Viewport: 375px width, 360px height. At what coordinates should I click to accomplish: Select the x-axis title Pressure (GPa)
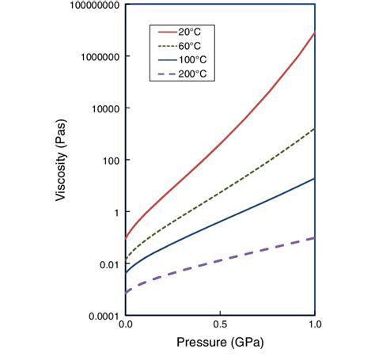point(220,345)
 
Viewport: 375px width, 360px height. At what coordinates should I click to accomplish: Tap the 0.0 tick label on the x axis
point(125,325)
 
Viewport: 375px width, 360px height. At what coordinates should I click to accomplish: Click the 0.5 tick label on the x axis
point(220,325)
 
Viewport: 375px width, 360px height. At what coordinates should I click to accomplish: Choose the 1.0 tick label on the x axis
point(315,325)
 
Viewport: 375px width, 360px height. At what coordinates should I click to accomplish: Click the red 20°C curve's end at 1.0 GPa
point(315,33)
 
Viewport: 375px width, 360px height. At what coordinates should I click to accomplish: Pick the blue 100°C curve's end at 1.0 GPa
point(315,179)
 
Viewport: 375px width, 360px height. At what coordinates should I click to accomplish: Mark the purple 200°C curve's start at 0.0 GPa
point(126,293)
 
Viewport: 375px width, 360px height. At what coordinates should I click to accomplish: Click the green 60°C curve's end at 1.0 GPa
point(315,129)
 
